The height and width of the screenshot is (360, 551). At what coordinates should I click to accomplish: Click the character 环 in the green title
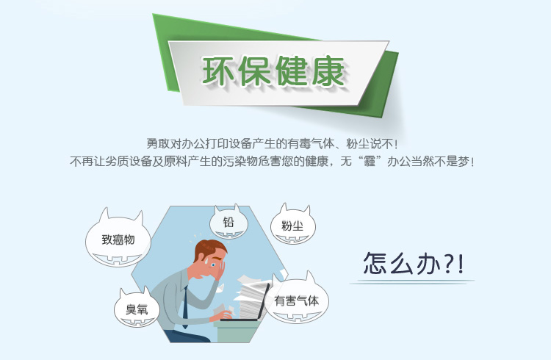[218, 71]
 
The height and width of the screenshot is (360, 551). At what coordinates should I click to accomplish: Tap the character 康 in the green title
[328, 71]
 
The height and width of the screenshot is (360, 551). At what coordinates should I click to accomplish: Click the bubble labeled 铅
[228, 222]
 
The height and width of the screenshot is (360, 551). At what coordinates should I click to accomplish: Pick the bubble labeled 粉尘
[292, 225]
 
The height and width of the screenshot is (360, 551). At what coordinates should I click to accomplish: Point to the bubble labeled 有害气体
[297, 299]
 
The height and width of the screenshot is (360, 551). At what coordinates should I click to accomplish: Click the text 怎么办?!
[414, 264]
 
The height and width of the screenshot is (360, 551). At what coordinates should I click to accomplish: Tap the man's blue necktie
[185, 307]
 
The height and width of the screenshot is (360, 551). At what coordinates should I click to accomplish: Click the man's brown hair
[209, 249]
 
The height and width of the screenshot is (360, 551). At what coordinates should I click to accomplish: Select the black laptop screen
[264, 301]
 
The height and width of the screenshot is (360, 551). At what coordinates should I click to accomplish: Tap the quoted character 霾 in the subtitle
[370, 162]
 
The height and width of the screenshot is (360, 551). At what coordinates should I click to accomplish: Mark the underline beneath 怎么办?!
[412, 281]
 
